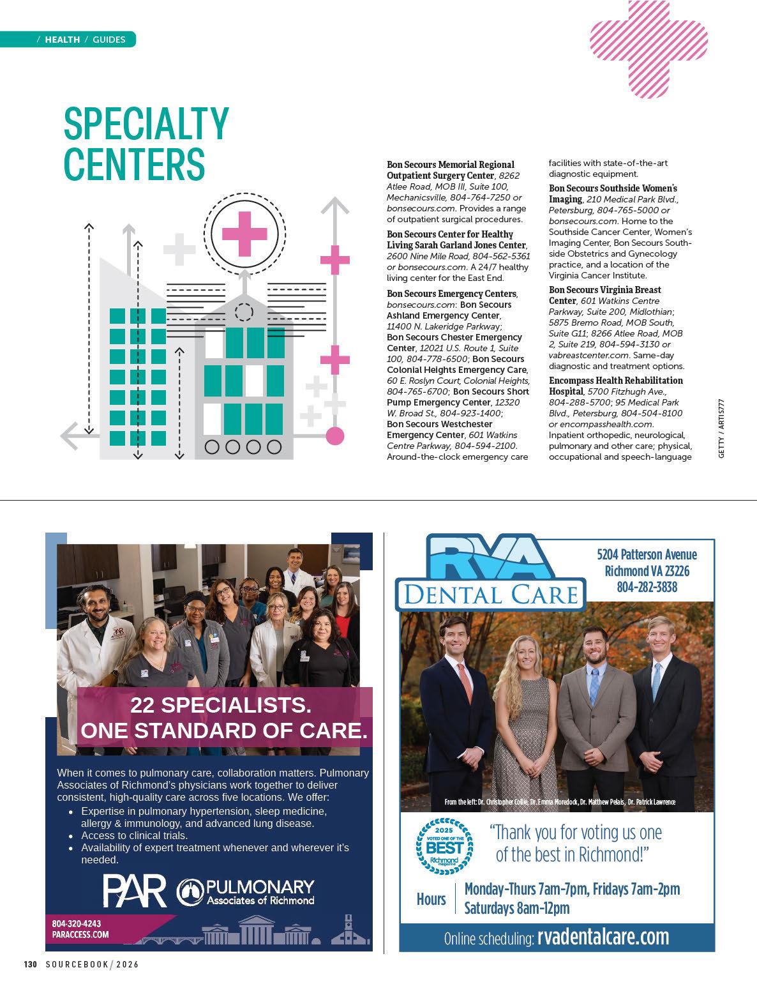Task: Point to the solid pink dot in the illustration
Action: [x=334, y=436]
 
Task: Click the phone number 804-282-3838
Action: [x=647, y=587]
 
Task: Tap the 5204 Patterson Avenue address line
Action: [x=647, y=554]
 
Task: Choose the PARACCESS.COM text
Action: [x=80, y=934]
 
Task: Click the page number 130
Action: [x=31, y=964]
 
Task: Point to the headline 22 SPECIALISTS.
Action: [x=221, y=706]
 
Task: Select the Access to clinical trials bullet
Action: [x=134, y=835]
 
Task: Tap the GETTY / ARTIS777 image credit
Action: [x=721, y=427]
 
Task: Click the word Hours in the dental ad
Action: [x=431, y=899]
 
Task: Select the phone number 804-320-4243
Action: [x=76, y=923]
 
